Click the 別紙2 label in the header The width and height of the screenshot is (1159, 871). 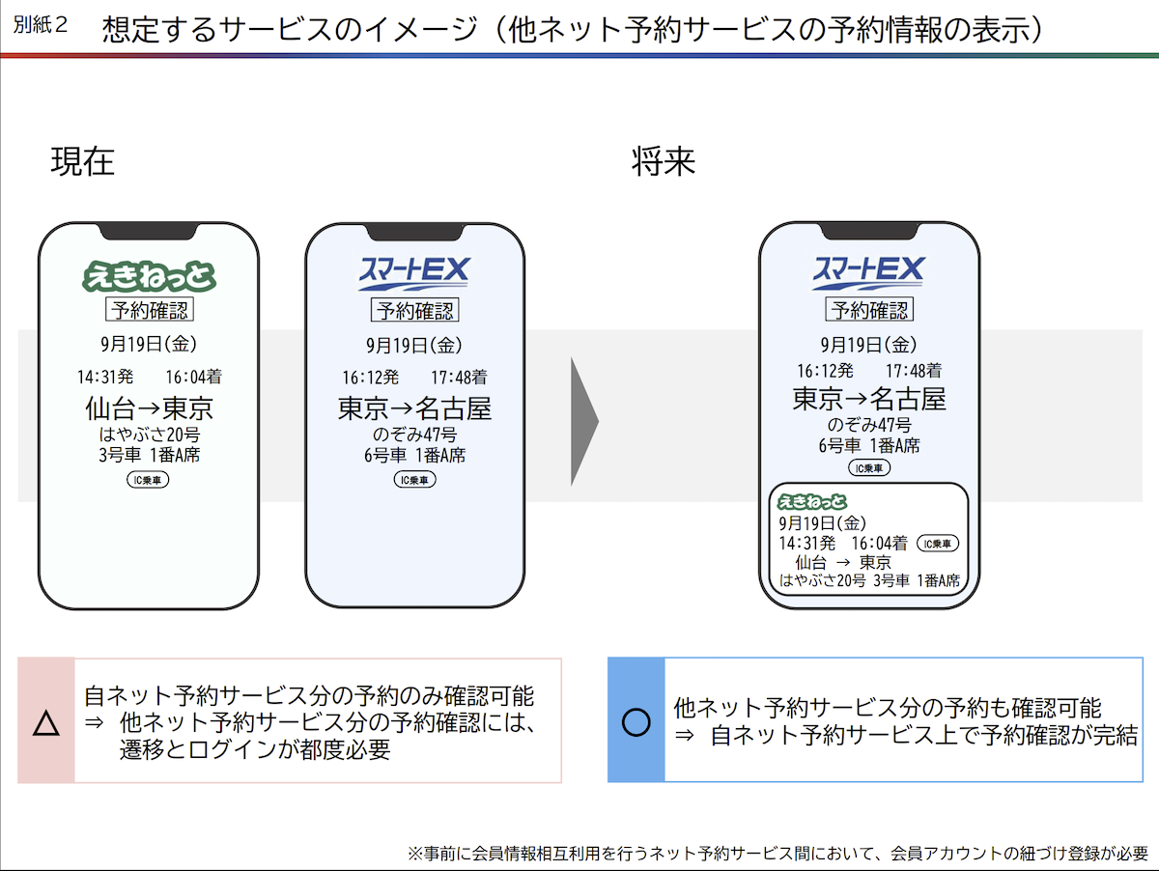click(x=41, y=24)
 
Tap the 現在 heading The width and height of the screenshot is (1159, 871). click(x=82, y=161)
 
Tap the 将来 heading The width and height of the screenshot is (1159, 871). click(x=664, y=161)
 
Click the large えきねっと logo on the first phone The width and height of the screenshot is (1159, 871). click(x=150, y=276)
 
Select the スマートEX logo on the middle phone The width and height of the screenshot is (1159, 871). click(x=414, y=273)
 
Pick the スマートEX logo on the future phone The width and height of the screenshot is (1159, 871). click(x=868, y=273)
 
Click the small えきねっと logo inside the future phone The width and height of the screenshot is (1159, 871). click(x=812, y=501)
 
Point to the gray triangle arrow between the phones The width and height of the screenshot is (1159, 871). click(x=584, y=421)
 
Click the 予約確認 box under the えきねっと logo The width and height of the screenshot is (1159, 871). click(x=150, y=309)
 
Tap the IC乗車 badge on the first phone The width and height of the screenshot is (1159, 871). click(x=148, y=480)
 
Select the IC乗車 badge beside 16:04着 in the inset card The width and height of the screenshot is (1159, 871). click(x=937, y=544)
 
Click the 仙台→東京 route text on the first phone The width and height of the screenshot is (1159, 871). click(x=150, y=408)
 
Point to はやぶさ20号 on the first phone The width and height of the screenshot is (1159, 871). click(x=150, y=435)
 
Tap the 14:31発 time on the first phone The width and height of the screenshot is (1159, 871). click(x=105, y=377)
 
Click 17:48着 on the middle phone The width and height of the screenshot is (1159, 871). click(x=459, y=378)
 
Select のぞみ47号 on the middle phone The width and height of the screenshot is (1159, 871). click(x=414, y=435)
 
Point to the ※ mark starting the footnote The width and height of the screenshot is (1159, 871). click(x=415, y=854)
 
